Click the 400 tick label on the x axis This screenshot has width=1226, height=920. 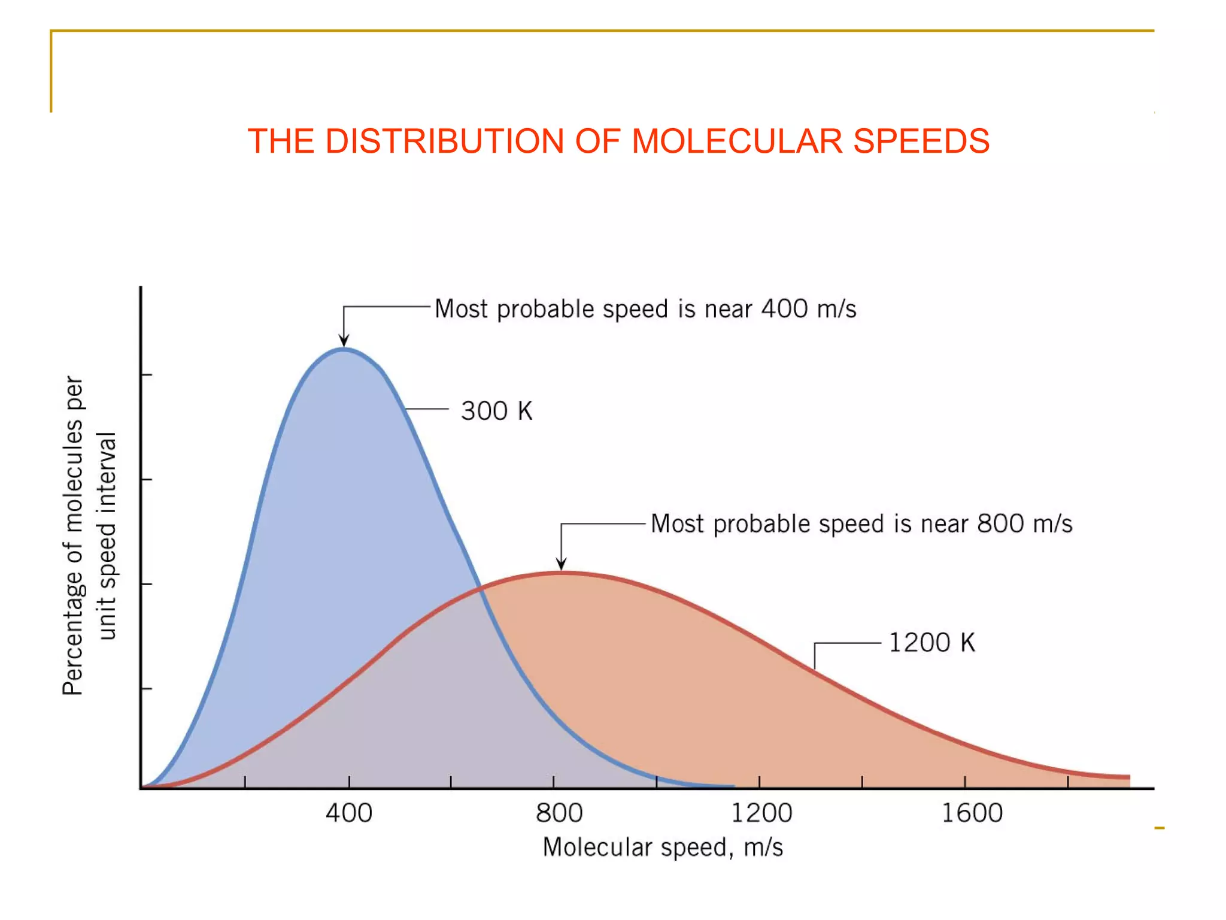tap(349, 813)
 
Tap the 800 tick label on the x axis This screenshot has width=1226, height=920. tap(559, 813)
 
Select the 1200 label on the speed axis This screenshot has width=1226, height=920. tap(761, 813)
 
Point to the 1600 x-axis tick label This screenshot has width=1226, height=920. tap(972, 813)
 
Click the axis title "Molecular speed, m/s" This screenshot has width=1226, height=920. tap(663, 848)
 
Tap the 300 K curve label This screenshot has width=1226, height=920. tap(496, 411)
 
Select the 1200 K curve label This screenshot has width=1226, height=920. tap(931, 643)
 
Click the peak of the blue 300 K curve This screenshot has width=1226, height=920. tap(344, 349)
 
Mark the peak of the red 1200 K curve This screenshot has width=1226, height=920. tap(561, 573)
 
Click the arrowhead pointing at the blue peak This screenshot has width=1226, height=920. tap(344, 341)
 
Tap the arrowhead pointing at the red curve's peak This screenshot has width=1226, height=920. tap(561, 564)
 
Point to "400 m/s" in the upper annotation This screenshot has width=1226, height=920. tap(809, 309)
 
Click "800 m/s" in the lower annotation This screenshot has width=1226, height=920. tap(1024, 524)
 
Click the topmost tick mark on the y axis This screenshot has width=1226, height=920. tap(147, 375)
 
